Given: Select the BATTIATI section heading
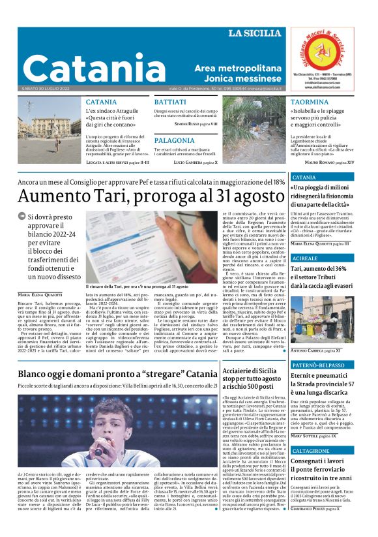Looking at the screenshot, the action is point(171,102).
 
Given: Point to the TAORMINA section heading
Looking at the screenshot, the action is point(310,102).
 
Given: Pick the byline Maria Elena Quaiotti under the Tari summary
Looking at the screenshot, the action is point(40,294).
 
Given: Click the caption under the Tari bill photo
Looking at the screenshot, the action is point(136,286).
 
